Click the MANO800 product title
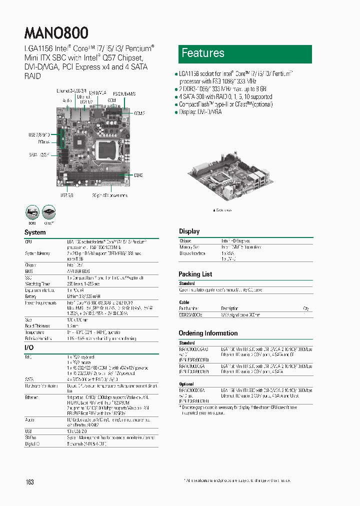point(56,33)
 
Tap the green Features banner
point(245,54)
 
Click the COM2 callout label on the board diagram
point(139,113)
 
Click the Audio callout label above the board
point(68,100)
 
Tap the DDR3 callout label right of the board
point(138,175)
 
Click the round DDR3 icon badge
point(32,211)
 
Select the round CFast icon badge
point(49,211)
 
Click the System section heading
point(35,232)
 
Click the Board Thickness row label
point(37,325)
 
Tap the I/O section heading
point(29,347)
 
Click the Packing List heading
point(195,274)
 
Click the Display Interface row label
point(192,253)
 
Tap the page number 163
point(29,482)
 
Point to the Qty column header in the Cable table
point(306,308)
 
